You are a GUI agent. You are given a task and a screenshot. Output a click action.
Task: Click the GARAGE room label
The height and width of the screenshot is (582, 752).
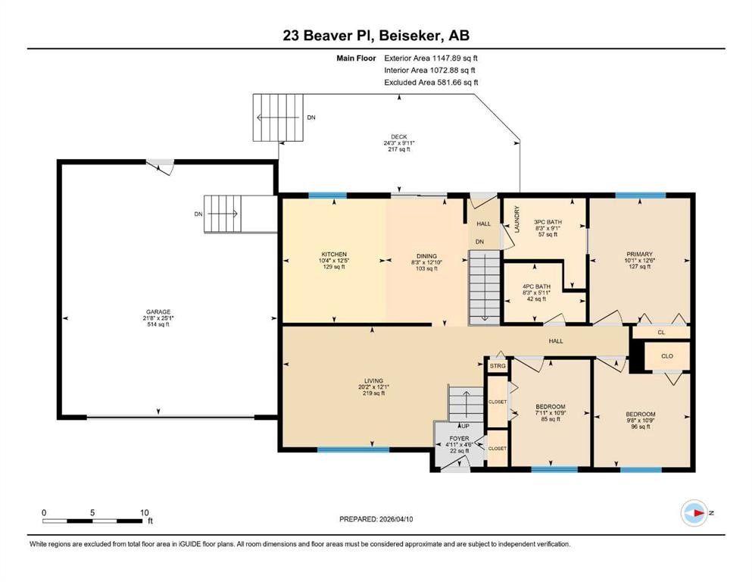point(159,311)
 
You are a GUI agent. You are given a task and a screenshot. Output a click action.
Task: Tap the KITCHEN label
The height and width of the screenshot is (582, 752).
point(334,254)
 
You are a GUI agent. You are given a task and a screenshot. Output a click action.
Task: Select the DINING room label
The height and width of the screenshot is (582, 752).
point(426,256)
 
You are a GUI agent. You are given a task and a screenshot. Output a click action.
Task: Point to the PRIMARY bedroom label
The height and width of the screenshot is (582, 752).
point(639,254)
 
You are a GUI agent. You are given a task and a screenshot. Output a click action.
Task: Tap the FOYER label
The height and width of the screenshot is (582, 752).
point(459,438)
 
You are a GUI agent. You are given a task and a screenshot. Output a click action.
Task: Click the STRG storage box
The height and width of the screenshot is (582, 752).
point(498,367)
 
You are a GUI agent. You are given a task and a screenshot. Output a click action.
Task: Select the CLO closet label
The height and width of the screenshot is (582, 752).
point(666,355)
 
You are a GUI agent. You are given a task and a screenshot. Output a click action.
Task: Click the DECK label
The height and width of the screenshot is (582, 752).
point(398,137)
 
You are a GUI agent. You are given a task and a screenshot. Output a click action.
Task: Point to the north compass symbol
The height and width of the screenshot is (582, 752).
point(694,513)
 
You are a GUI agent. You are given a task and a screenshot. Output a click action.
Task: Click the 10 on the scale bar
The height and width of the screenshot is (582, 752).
point(144,512)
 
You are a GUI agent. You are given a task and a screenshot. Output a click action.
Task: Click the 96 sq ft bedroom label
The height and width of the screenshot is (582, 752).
point(640,414)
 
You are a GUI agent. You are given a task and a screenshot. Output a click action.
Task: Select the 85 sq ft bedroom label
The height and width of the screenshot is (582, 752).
point(550,407)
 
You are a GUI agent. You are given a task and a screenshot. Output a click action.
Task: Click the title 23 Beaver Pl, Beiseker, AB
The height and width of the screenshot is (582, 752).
point(376,36)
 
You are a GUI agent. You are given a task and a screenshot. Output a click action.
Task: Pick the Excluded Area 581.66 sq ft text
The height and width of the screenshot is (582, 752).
point(431,83)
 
